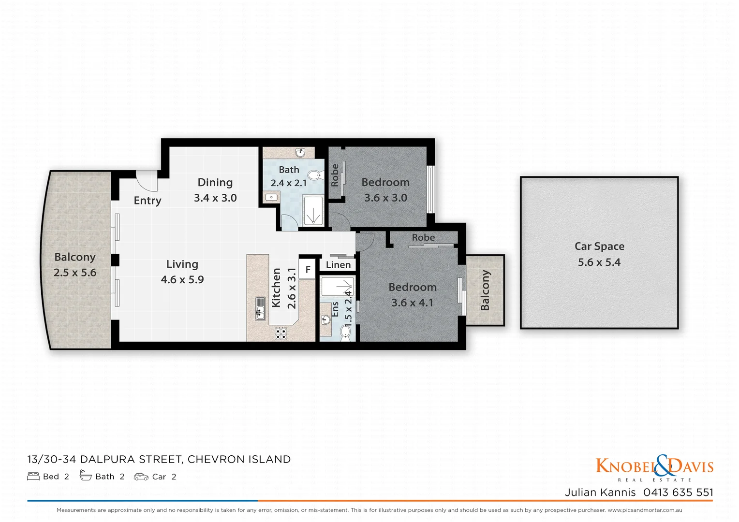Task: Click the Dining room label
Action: pyautogui.click(x=215, y=183)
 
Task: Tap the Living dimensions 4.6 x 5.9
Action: pyautogui.click(x=182, y=280)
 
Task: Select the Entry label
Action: pyautogui.click(x=148, y=201)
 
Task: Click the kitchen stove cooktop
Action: pyautogui.click(x=281, y=333)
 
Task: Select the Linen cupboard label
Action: pyautogui.click(x=338, y=265)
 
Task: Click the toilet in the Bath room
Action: pyautogui.click(x=315, y=175)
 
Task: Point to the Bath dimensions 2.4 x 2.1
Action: pyautogui.click(x=289, y=183)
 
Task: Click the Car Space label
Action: pyautogui.click(x=599, y=246)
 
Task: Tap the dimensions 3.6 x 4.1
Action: pyautogui.click(x=413, y=303)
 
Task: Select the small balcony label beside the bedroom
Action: pyautogui.click(x=485, y=290)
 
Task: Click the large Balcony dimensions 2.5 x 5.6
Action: pyautogui.click(x=75, y=273)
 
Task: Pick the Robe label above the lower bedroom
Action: pyautogui.click(x=423, y=238)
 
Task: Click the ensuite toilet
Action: pyautogui.click(x=345, y=332)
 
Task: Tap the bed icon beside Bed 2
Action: pyautogui.click(x=33, y=477)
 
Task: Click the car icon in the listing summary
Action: pyautogui.click(x=141, y=477)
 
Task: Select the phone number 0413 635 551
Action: pyautogui.click(x=678, y=493)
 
